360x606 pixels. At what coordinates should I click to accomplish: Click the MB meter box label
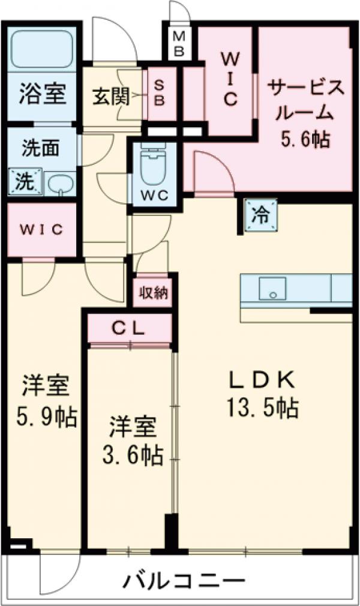[x=178, y=43]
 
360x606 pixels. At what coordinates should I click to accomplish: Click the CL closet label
[x=130, y=328]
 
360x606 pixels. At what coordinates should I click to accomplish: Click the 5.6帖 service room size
[x=305, y=140]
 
